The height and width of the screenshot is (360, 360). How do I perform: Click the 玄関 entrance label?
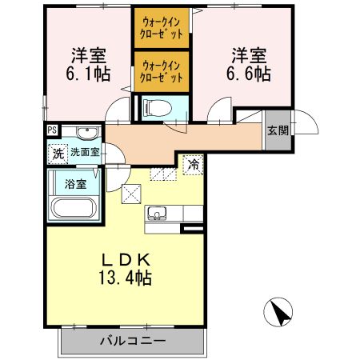coord(278,130)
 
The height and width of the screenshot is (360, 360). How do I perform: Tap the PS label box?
coord(52,131)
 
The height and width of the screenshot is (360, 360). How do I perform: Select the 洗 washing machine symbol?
coord(57,152)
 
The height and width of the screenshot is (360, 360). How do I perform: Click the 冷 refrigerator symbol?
coord(194,164)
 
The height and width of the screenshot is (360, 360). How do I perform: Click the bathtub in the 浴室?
coord(74,208)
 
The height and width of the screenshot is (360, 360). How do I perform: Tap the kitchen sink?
coord(155,214)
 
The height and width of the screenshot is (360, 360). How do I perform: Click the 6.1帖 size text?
coord(88,74)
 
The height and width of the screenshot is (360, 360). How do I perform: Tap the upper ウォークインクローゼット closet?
coord(162,29)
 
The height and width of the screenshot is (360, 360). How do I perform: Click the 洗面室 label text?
coord(84,151)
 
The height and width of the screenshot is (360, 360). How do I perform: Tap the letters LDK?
coord(126,259)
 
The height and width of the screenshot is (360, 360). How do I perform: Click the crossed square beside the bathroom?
coord(131,193)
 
